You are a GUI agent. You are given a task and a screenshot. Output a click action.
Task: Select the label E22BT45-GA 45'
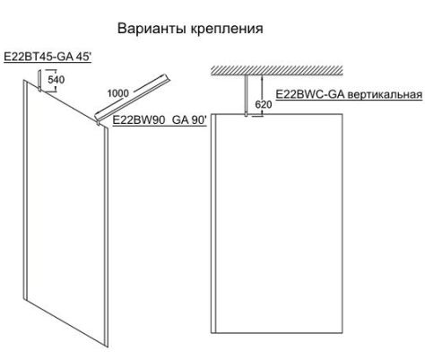click(x=48, y=57)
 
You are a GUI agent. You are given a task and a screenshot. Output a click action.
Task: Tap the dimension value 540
click(x=56, y=80)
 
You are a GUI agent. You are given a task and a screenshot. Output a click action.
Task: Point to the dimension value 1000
click(x=117, y=93)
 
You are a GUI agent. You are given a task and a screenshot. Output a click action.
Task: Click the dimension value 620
click(x=264, y=104)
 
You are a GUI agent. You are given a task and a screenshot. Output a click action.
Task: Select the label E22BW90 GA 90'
click(x=160, y=120)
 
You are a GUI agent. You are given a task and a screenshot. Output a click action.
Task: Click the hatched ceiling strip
click(x=277, y=70)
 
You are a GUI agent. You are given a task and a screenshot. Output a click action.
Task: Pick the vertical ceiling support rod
click(x=246, y=94)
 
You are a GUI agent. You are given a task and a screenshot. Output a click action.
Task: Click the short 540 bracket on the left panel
click(x=39, y=80)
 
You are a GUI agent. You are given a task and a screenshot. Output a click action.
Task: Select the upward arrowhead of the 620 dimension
click(x=262, y=78)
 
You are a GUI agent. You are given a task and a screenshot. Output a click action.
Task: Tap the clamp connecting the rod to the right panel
click(x=246, y=114)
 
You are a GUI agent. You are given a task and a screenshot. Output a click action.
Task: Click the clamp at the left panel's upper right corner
click(x=98, y=122)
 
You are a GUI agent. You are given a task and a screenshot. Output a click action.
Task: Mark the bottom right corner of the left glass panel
click(x=108, y=347)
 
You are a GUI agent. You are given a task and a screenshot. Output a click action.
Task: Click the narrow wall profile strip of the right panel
click(x=213, y=224)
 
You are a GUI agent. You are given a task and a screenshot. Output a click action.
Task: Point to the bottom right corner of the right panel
click(x=343, y=333)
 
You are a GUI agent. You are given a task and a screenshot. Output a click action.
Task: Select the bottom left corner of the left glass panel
click(x=23, y=299)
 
